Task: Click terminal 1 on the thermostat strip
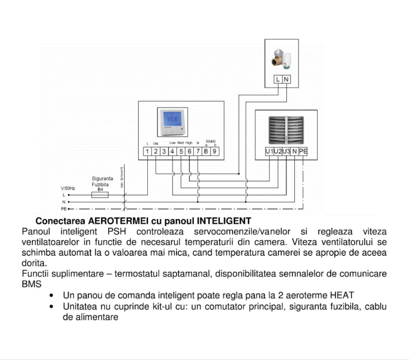coord(147,151)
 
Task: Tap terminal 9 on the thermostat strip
coord(214,151)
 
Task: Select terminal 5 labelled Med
coord(181,151)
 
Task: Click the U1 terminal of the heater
coord(270,151)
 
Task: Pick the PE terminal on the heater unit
coord(303,151)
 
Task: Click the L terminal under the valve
coord(278,79)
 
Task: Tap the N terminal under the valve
coord(286,79)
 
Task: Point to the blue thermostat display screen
coord(173,120)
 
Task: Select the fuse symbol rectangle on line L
coord(100,195)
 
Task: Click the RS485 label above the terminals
coord(211,141)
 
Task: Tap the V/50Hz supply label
coord(68,188)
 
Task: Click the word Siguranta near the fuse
coord(102,178)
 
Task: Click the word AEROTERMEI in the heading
coord(118,221)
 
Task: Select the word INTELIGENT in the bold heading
coord(224,221)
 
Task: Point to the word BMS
coord(31,284)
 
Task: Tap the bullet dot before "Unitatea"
coord(51,306)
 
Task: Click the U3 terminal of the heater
coord(286,151)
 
